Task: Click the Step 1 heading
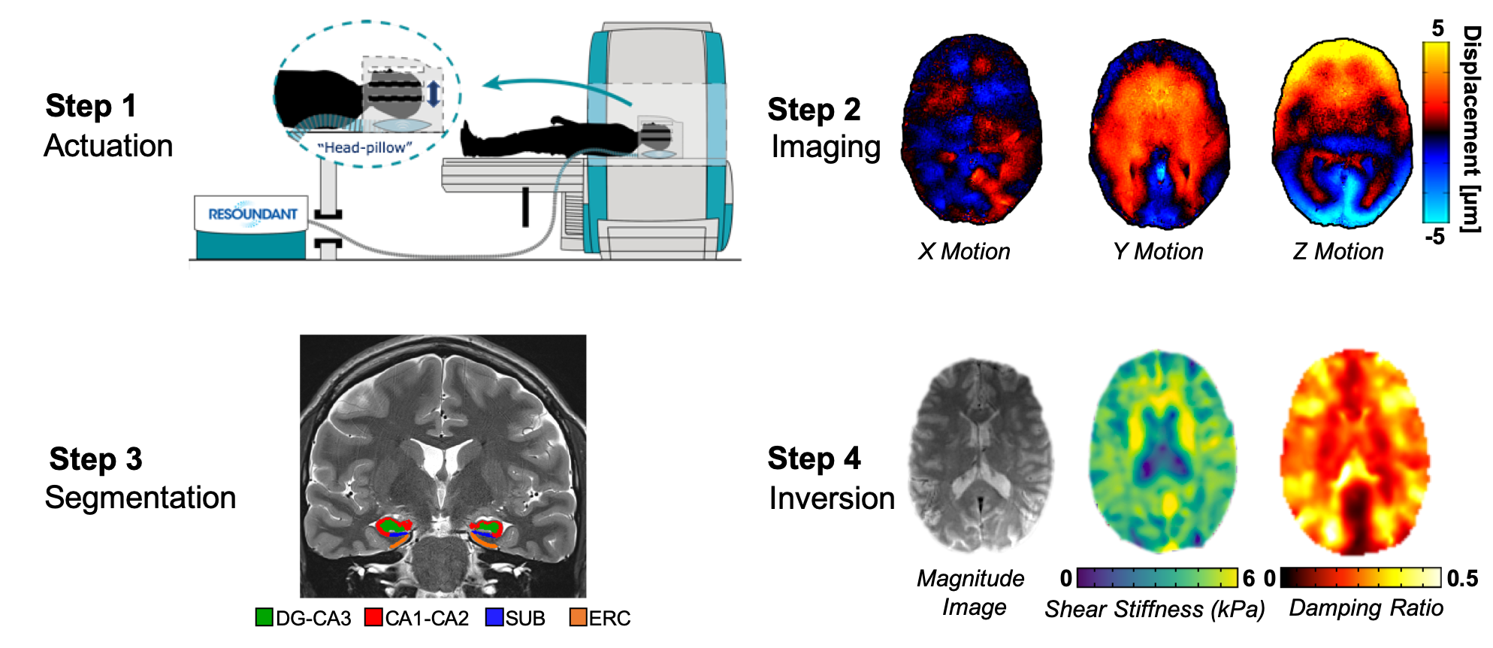pos(91,106)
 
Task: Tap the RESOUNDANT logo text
pos(252,214)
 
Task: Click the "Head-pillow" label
pos(365,147)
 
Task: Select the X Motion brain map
pos(972,130)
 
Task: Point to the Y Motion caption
pos(1158,251)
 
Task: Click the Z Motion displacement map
pos(1343,132)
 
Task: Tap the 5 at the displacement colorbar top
pos(1437,29)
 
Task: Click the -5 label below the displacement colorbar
pos(1434,237)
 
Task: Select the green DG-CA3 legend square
pos(264,617)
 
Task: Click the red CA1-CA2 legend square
pos(373,617)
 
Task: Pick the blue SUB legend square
pos(494,617)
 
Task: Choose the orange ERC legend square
pos(578,617)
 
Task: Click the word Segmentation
pos(141,498)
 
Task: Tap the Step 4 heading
pos(814,459)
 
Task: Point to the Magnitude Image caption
pos(971,592)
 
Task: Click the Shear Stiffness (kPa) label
pos(1154,609)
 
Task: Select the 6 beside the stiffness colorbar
pos(1248,578)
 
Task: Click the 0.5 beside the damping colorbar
pos(1462,578)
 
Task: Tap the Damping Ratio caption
pos(1366,607)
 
